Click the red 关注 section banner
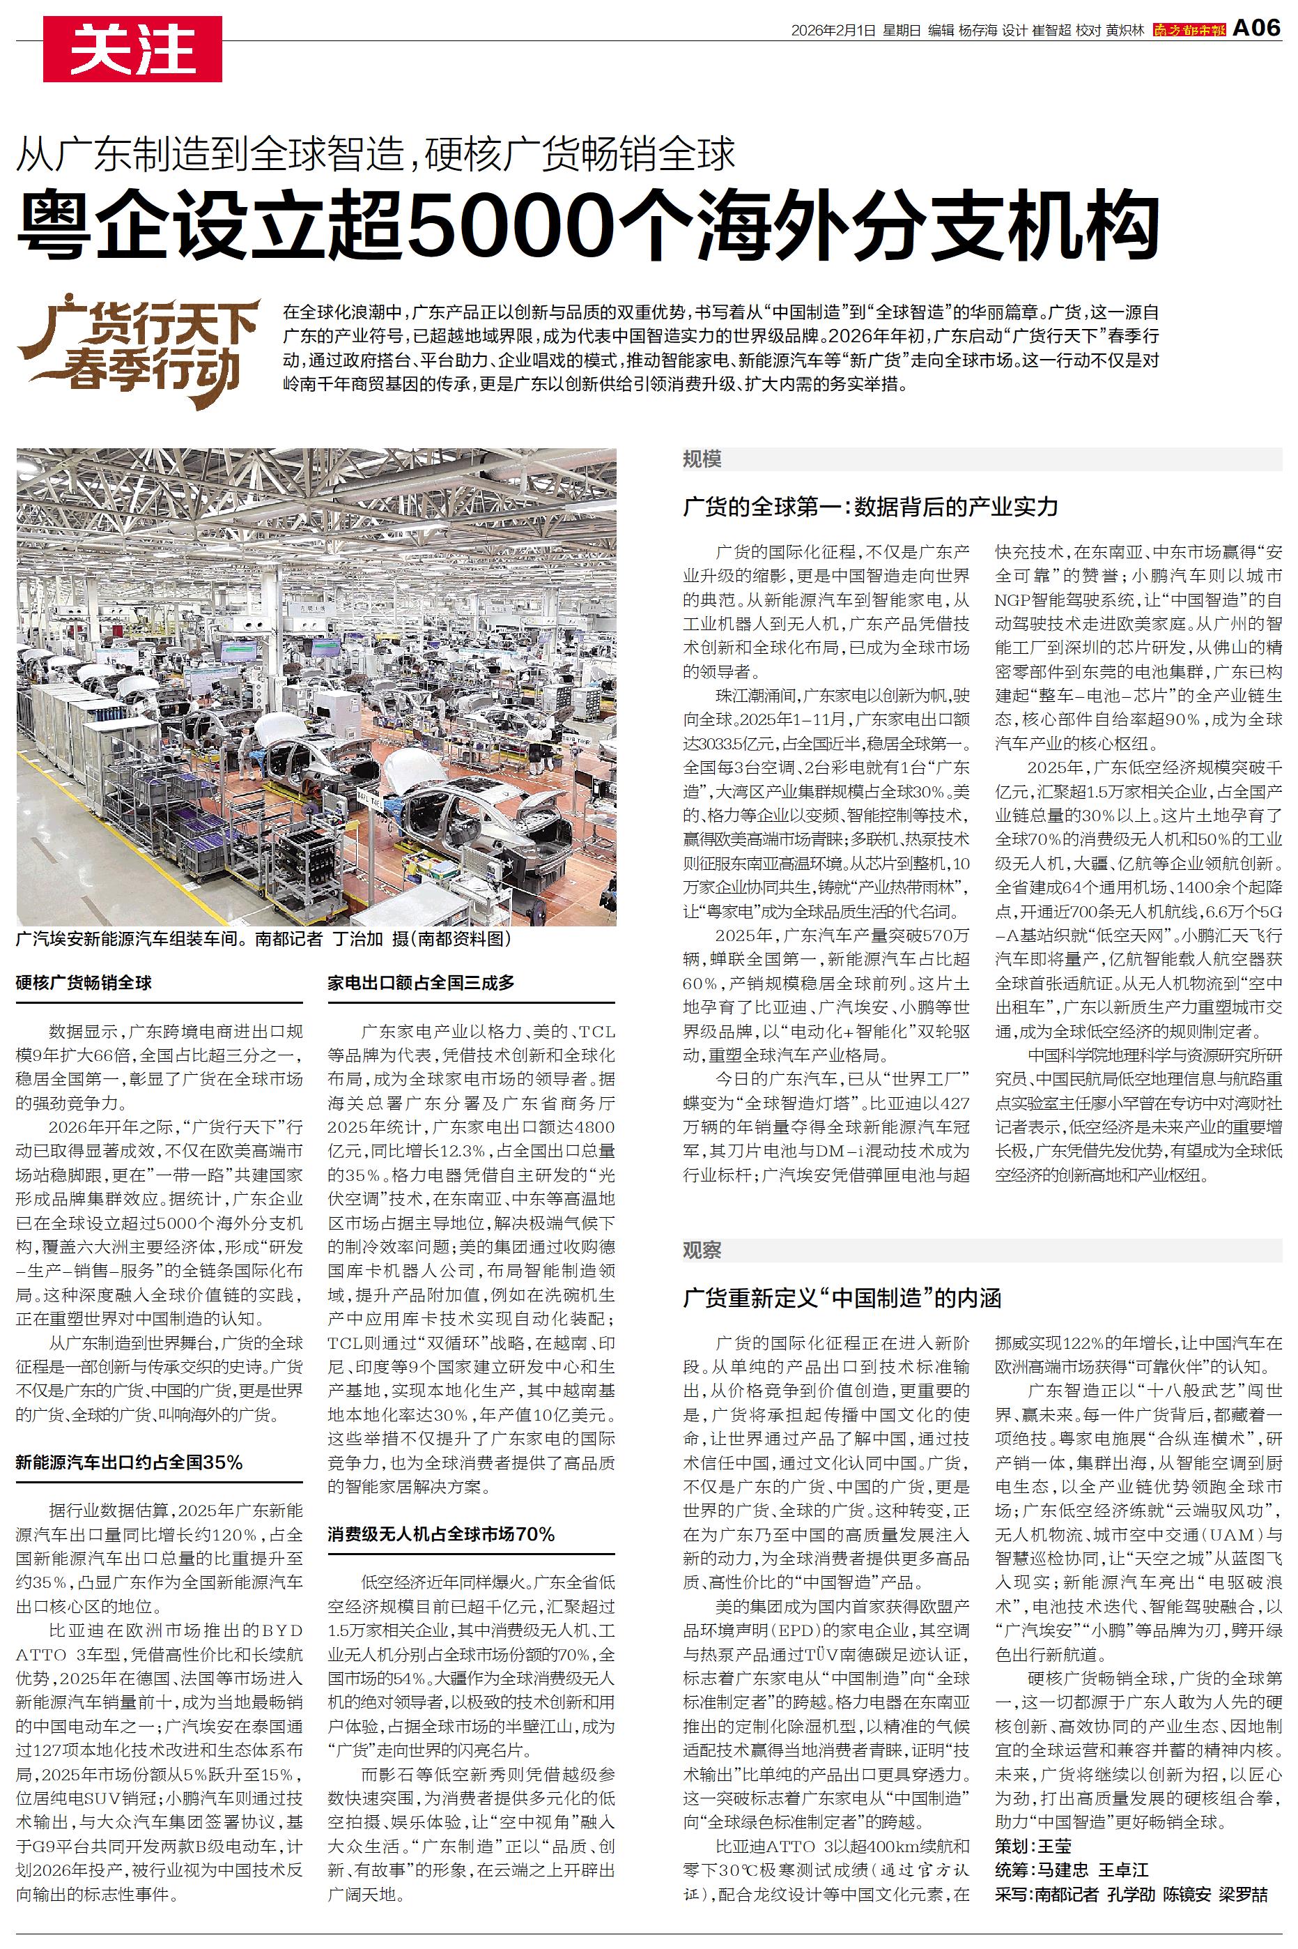(x=132, y=49)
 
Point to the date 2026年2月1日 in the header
(x=833, y=31)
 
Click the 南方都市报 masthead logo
(x=1189, y=30)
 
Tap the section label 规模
(x=702, y=459)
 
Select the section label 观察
(x=702, y=1251)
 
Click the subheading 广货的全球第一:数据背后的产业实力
(x=870, y=507)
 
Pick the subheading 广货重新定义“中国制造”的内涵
(x=842, y=1297)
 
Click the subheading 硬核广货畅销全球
(x=84, y=983)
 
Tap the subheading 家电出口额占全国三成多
(x=421, y=983)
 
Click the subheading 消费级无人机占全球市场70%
(x=440, y=1534)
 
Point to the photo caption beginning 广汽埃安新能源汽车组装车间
(x=264, y=939)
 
